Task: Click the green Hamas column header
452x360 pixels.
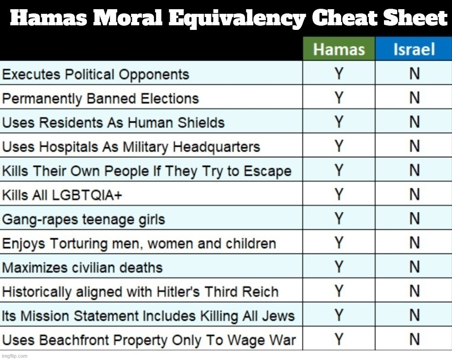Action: tap(339, 49)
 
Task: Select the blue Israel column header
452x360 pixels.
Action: tap(414, 49)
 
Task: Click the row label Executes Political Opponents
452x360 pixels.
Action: tap(96, 74)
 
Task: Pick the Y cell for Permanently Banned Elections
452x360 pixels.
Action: tap(339, 98)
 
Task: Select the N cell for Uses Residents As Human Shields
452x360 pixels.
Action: tap(414, 122)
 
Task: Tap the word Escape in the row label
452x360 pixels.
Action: tap(269, 171)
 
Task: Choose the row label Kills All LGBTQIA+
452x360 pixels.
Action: tap(62, 196)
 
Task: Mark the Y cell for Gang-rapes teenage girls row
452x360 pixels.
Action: tap(339, 219)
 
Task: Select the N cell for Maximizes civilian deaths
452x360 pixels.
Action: tap(414, 267)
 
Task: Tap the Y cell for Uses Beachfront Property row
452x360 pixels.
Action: tap(339, 340)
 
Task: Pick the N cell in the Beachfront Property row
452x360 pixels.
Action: tap(414, 340)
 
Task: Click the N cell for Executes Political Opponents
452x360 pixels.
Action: tap(414, 74)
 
